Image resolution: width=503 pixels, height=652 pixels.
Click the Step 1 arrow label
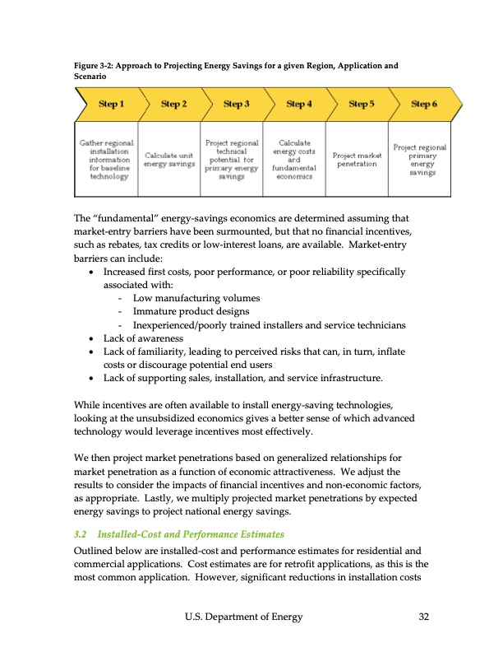pyautogui.click(x=111, y=104)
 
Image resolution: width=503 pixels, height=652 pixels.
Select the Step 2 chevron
pyautogui.click(x=173, y=104)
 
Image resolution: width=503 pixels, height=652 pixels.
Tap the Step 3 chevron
pyautogui.click(x=236, y=104)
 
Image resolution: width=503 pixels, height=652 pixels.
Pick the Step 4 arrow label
pyautogui.click(x=298, y=104)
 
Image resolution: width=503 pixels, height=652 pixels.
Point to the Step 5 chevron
pyautogui.click(x=362, y=104)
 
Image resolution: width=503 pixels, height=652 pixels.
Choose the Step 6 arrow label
pyautogui.click(x=424, y=104)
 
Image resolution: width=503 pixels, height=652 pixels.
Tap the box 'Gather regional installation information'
pyautogui.click(x=106, y=159)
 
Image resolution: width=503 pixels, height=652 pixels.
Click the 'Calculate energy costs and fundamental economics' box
pyautogui.click(x=293, y=159)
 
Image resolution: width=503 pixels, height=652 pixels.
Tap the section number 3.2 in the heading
pyautogui.click(x=82, y=534)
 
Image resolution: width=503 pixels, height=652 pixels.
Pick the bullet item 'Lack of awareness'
pyautogui.click(x=143, y=338)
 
